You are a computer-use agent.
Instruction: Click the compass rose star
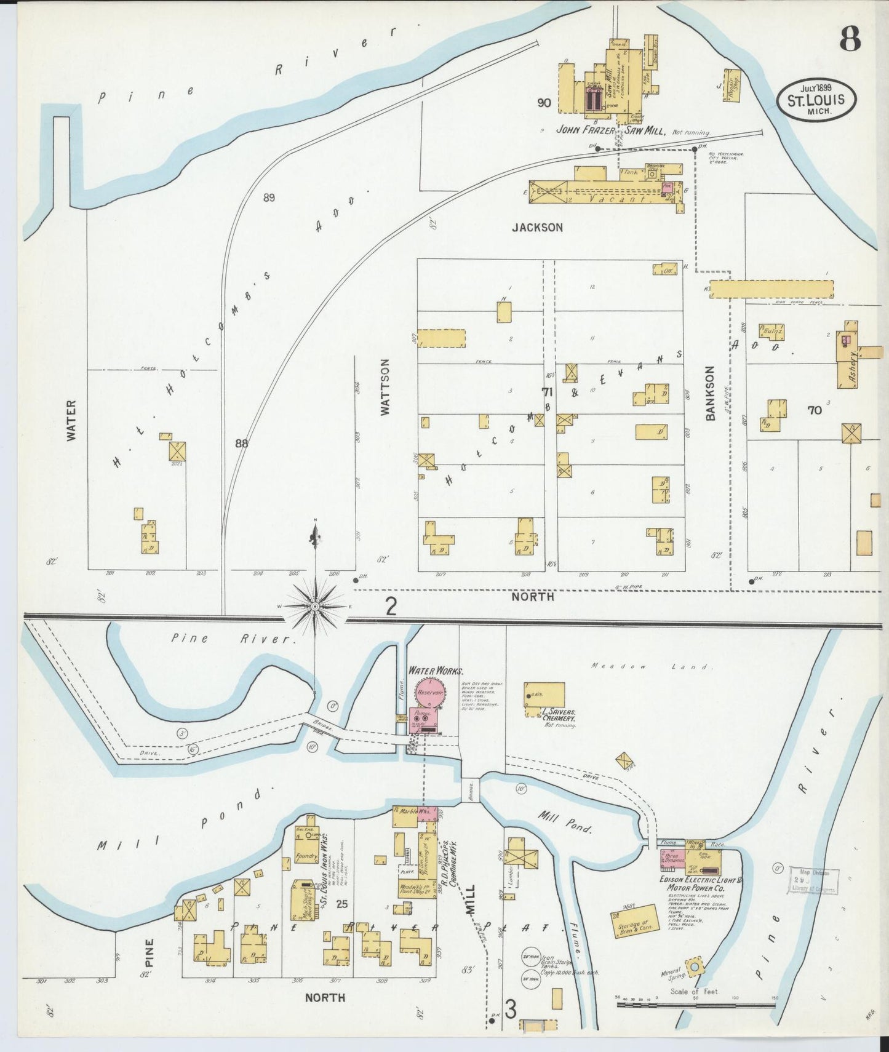pyautogui.click(x=315, y=607)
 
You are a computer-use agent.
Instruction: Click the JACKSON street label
pyautogui.click(x=537, y=228)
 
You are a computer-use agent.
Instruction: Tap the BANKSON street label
pyautogui.click(x=711, y=394)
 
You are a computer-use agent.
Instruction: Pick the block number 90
pyautogui.click(x=543, y=103)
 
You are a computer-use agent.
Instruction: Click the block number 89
pyautogui.click(x=268, y=197)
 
